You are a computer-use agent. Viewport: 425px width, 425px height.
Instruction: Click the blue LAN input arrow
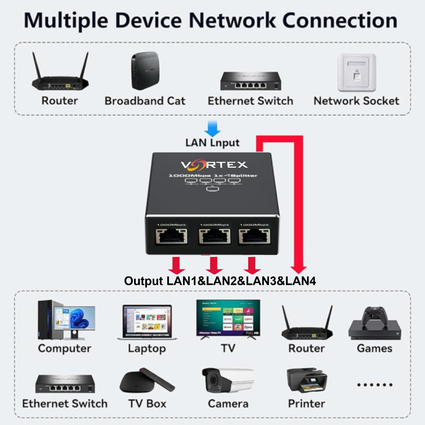click(212, 128)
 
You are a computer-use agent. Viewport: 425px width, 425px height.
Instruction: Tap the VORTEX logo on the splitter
click(214, 165)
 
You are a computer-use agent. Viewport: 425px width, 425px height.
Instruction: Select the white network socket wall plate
click(356, 72)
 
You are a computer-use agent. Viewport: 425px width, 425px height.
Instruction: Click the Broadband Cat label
click(145, 101)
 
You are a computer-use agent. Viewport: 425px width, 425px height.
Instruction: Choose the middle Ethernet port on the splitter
click(214, 237)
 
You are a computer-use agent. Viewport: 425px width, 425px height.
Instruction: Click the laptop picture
click(147, 322)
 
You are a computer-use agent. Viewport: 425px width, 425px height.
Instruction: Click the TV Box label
click(147, 403)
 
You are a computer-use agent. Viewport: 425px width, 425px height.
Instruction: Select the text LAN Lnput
click(212, 143)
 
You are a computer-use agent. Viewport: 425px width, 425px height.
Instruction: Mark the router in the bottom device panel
click(307, 324)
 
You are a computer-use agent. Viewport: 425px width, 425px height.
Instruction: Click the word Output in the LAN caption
click(144, 281)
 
